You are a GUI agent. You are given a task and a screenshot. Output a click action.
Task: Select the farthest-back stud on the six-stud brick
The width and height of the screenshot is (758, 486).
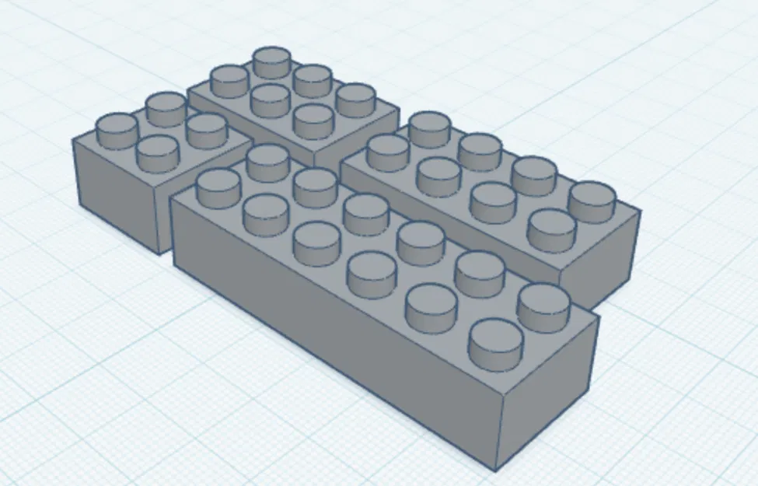[272, 61]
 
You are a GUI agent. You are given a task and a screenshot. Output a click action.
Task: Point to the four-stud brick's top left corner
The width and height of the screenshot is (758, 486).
[72, 140]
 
